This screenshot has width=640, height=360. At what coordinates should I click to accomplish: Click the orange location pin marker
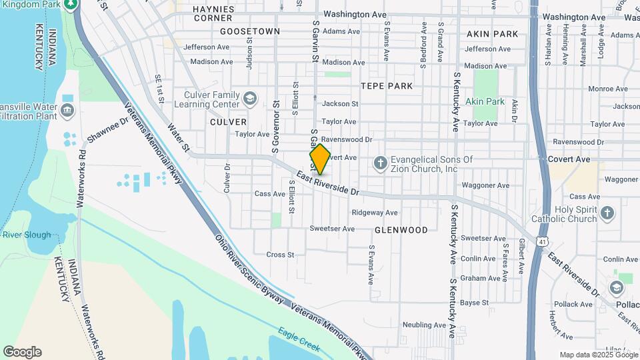(320, 159)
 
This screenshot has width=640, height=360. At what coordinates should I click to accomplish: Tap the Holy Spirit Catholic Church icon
(606, 213)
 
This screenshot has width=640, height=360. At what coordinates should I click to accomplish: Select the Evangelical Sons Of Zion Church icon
(381, 163)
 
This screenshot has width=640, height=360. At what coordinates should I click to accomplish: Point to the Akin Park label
(485, 102)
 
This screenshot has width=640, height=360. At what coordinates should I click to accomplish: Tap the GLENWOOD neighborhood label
(401, 230)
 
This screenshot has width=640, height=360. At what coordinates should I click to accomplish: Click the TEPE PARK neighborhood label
(387, 86)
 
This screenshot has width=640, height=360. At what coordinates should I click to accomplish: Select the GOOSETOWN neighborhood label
(250, 31)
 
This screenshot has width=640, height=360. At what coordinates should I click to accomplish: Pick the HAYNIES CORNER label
(213, 13)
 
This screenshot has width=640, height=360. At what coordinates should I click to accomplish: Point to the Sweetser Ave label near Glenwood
(332, 229)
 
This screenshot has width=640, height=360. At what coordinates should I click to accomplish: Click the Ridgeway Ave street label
(375, 213)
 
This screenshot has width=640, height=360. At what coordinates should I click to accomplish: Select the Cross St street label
(280, 255)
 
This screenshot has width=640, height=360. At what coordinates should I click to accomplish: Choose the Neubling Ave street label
(424, 325)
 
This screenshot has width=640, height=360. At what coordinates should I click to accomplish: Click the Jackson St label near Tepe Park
(340, 104)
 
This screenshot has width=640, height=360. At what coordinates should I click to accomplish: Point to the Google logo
(22, 352)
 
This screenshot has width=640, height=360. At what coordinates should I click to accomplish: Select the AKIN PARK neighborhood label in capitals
(492, 33)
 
